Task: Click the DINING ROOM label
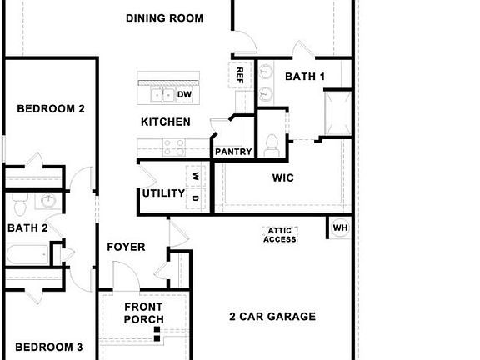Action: pos(164,18)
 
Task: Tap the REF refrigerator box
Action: pos(241,75)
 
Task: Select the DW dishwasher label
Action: pos(184,94)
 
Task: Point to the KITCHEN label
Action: pos(165,122)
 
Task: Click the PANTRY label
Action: pos(233,152)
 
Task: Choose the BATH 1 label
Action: pos(305,77)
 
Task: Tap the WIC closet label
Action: pos(283,177)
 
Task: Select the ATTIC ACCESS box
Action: pos(280,236)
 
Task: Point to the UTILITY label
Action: pos(163,193)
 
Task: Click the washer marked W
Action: pos(195,176)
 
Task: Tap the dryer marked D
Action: pos(195,198)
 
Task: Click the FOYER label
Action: pos(126,247)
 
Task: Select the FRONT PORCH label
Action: pos(144,312)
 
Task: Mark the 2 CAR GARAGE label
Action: pos(272,317)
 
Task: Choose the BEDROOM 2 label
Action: pos(52,108)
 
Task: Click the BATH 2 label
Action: pos(27,227)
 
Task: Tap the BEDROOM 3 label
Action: pos(49,347)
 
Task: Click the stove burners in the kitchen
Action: pos(174,147)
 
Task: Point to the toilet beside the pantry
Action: pos(271,145)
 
